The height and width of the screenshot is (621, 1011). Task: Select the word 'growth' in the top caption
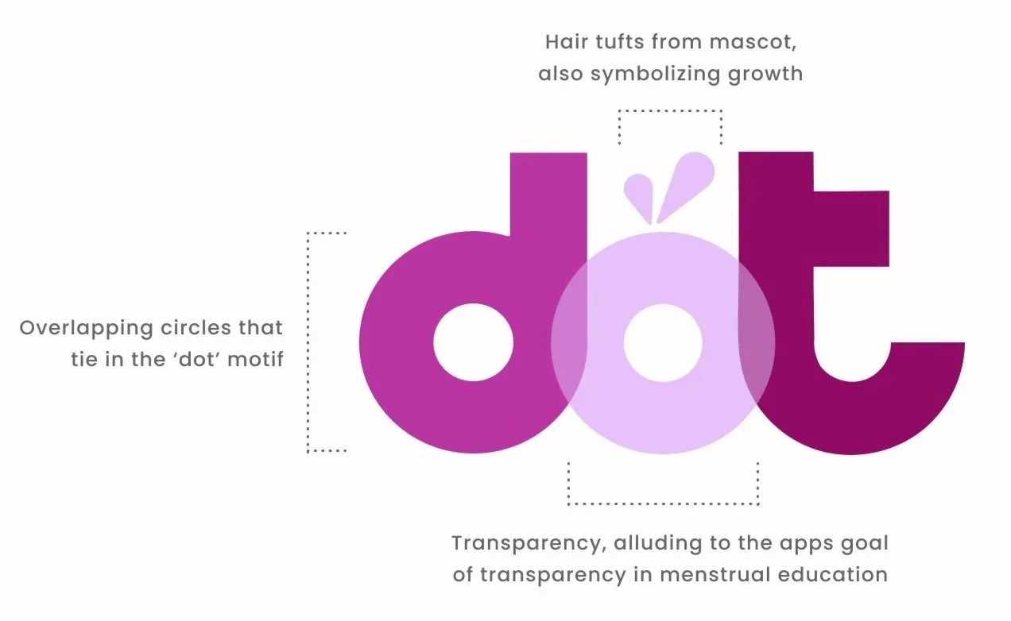pyautogui.click(x=762, y=75)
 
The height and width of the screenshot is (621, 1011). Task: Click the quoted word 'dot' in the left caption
pyautogui.click(x=191, y=361)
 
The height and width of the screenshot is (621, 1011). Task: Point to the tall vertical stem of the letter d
pyautogui.click(x=547, y=206)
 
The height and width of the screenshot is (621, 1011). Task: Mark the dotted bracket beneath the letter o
pyautogui.click(x=663, y=503)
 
